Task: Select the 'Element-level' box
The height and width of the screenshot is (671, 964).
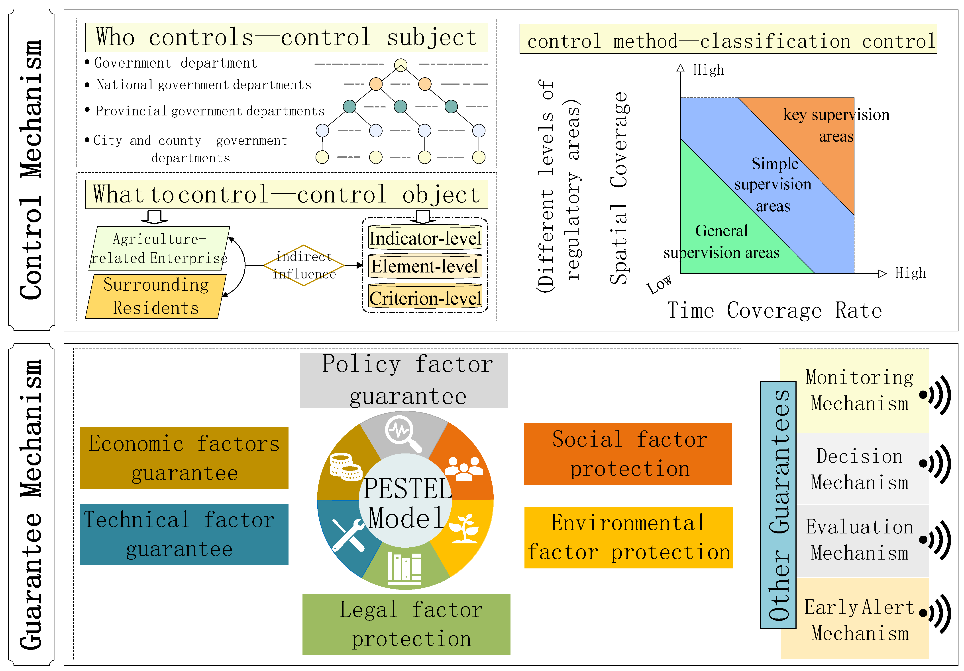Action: (x=425, y=266)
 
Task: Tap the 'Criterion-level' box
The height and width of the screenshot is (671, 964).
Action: (x=425, y=298)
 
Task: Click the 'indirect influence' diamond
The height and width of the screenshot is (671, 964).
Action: (x=304, y=265)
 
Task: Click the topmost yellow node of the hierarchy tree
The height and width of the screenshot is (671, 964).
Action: (x=401, y=65)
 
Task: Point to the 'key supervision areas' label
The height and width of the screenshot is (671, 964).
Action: (x=836, y=125)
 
